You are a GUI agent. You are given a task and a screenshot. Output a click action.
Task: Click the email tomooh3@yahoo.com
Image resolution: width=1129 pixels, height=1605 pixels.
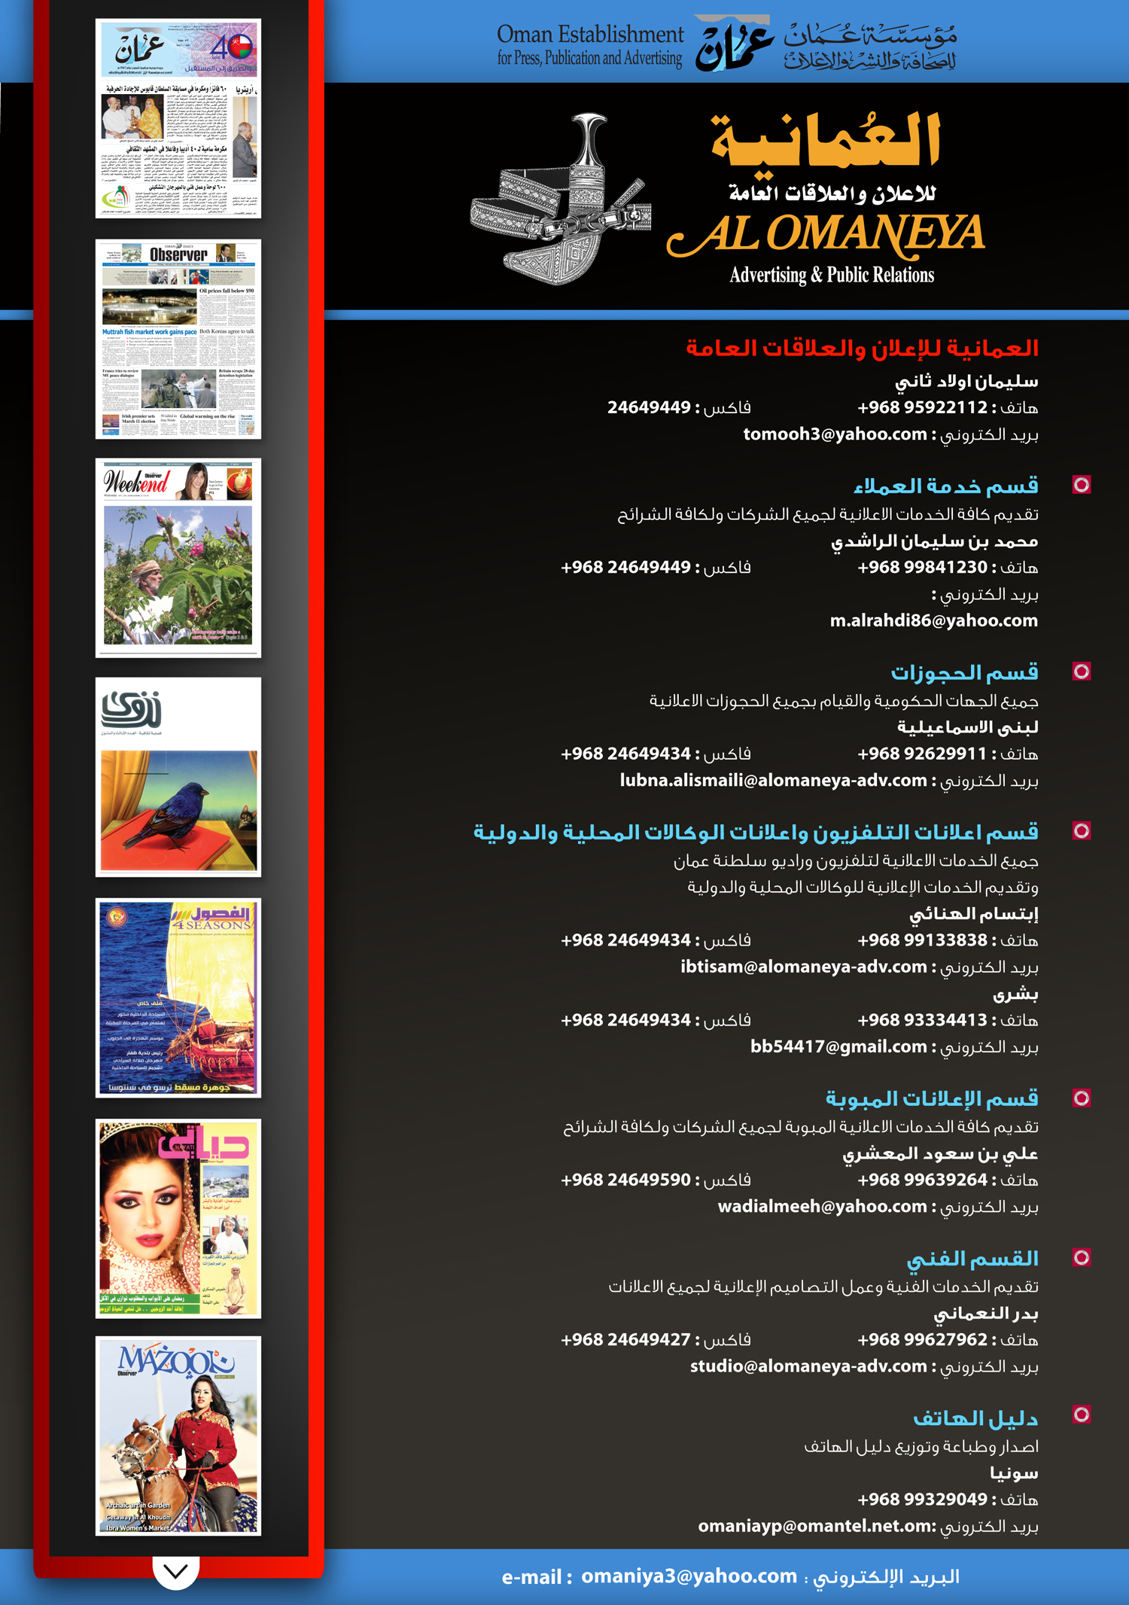[x=835, y=434]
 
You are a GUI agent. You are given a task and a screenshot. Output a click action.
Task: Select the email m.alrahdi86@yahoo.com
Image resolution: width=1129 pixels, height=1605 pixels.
[x=933, y=621]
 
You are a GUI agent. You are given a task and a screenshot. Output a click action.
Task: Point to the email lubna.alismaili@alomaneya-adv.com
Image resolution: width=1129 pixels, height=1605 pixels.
[x=773, y=781]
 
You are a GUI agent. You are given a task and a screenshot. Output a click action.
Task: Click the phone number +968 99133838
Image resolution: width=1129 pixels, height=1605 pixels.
[x=922, y=940]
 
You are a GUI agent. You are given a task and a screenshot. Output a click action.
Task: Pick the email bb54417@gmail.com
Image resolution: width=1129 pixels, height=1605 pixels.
[x=838, y=1047]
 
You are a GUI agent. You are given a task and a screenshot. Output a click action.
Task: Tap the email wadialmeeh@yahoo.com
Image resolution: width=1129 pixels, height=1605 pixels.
[x=822, y=1207]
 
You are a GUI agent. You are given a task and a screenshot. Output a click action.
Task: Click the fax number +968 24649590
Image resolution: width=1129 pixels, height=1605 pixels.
[x=625, y=1180]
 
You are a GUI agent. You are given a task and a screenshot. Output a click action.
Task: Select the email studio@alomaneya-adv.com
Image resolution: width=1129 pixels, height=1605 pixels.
[x=808, y=1366]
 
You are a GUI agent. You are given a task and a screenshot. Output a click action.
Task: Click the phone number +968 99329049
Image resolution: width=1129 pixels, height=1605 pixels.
[x=922, y=1499]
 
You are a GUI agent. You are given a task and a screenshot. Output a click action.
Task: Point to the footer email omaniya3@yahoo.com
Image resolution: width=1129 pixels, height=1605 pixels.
[x=689, y=1576]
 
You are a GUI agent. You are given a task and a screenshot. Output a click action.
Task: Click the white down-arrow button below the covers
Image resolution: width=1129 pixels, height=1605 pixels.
[x=175, y=1572]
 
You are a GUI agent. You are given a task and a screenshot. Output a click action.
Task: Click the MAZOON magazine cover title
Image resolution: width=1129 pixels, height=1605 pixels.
[x=176, y=1360]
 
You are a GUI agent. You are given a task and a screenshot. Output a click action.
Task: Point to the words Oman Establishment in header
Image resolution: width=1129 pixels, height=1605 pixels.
[x=590, y=35]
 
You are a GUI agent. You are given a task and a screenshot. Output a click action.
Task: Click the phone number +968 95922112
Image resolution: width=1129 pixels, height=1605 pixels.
[x=922, y=407]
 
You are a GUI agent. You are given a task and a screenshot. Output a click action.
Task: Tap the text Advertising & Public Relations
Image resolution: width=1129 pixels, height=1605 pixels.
[x=832, y=276]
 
